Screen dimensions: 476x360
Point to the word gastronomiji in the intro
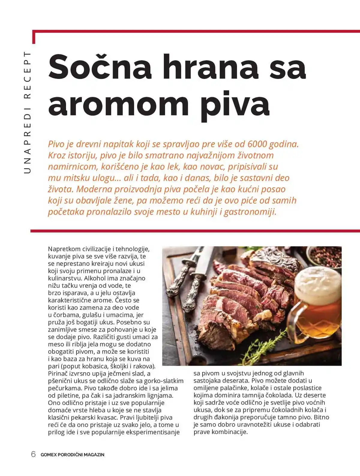250,212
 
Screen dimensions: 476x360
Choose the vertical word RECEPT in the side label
27,75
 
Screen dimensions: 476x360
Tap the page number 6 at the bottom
34,454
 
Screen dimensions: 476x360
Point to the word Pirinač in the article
58,373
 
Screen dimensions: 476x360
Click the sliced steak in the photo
237,303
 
